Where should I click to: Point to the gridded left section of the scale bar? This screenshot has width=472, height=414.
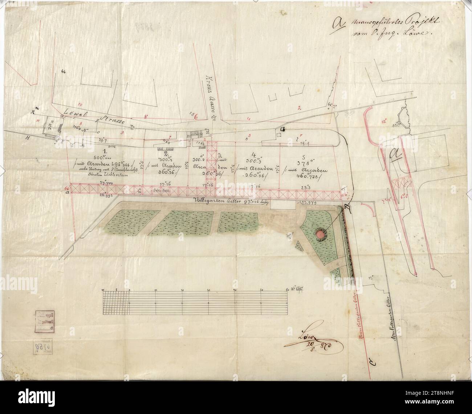pos(116,303)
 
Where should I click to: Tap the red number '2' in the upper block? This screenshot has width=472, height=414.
pos(300,107)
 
